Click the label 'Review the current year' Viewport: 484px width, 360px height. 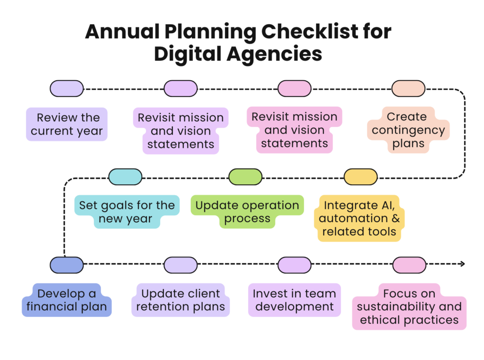[67, 124]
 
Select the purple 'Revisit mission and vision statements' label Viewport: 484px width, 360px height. [181, 131]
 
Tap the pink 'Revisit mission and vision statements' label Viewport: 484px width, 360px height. [294, 130]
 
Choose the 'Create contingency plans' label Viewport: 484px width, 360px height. [408, 130]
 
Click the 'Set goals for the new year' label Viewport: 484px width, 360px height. [127, 212]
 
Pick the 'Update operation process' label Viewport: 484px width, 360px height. [247, 212]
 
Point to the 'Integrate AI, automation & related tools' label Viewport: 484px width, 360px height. [359, 218]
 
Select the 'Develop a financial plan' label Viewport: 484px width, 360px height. [67, 300]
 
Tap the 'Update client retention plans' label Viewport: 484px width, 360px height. [181, 300]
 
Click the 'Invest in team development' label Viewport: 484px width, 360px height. [294, 300]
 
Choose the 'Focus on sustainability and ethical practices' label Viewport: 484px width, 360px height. [409, 307]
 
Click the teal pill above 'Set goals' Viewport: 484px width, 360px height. [125, 177]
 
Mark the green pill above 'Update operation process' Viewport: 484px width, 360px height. [245, 177]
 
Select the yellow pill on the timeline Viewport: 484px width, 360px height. [361, 177]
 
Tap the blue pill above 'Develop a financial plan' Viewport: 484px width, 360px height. [67, 265]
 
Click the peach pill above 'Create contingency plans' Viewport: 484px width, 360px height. [408, 88]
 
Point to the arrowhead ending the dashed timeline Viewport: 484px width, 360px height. [463, 264]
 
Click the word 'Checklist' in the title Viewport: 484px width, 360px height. [310, 32]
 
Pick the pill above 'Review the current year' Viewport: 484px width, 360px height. [67, 88]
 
